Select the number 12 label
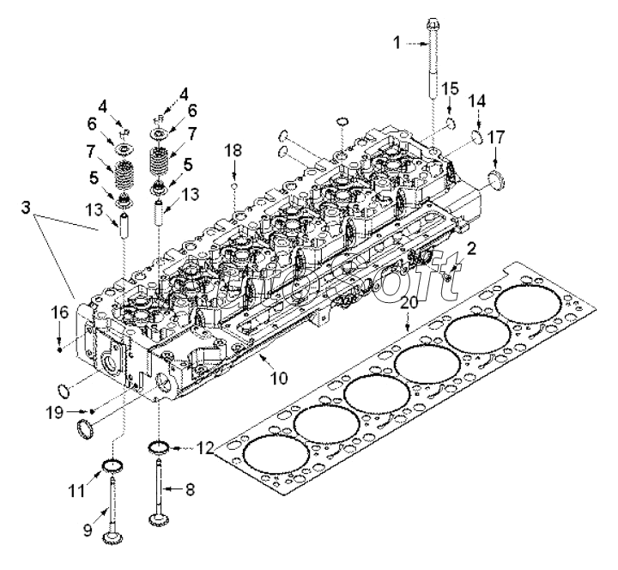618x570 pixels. (x=203, y=447)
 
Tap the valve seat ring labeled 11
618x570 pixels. (x=111, y=466)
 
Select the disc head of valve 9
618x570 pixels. (x=112, y=538)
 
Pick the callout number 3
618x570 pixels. (x=28, y=208)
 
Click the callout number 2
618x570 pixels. (x=471, y=248)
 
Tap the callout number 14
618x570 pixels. (x=477, y=100)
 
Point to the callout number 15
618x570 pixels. (x=451, y=88)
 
